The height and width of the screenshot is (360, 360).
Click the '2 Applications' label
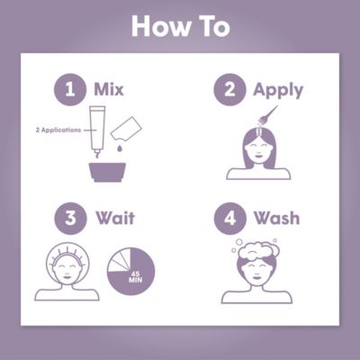click(x=57, y=130)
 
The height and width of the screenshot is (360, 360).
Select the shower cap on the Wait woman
click(x=68, y=255)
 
